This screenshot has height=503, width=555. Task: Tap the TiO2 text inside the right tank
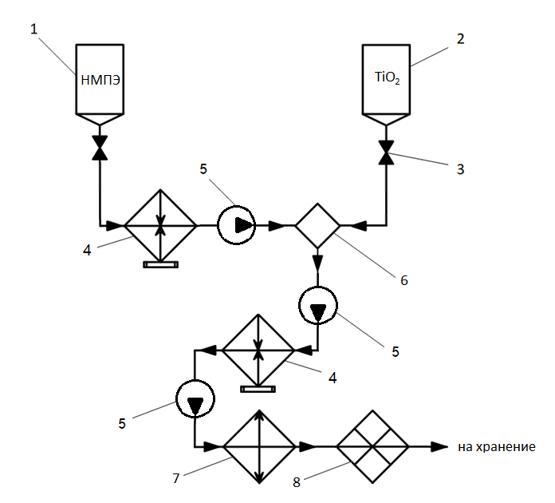(387, 78)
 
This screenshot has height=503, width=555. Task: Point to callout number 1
(33, 30)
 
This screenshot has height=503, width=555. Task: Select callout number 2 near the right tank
(458, 38)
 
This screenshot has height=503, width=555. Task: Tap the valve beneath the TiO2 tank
(387, 149)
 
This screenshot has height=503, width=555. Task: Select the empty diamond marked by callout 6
(317, 226)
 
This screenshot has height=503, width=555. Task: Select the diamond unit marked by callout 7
(258, 446)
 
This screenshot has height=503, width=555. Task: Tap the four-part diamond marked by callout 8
(372, 446)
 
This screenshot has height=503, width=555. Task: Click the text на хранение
(495, 447)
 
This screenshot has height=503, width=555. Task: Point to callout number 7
(176, 477)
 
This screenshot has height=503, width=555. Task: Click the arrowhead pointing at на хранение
(439, 446)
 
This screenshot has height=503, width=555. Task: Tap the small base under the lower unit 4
(258, 389)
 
